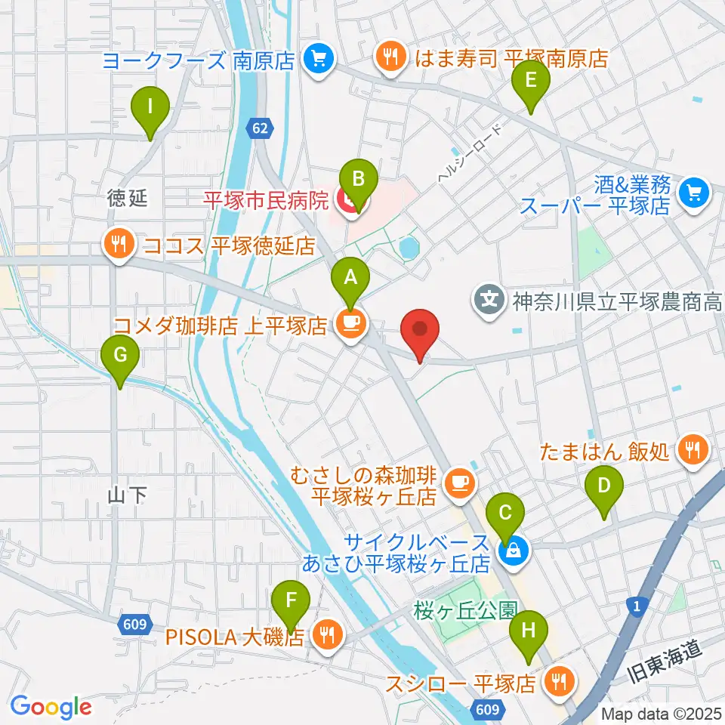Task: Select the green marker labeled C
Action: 505,517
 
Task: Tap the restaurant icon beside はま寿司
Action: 390,57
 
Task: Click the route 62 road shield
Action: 260,129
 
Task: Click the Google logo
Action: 51,708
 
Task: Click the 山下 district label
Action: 128,495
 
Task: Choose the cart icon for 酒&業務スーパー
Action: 693,193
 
